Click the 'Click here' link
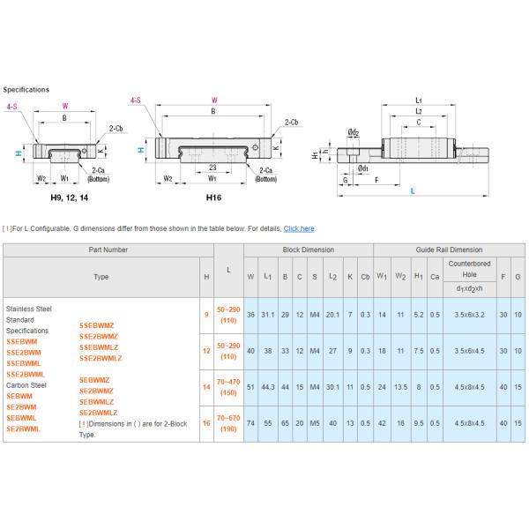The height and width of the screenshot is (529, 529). coord(299,228)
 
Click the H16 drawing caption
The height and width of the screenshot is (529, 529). coord(212,197)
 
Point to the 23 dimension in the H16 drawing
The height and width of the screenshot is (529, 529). coord(212,167)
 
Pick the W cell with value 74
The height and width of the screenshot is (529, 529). coord(250,424)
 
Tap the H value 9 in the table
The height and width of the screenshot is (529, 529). coord(206,313)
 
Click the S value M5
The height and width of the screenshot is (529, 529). coord(313,424)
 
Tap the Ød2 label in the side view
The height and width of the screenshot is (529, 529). coord(352,131)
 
